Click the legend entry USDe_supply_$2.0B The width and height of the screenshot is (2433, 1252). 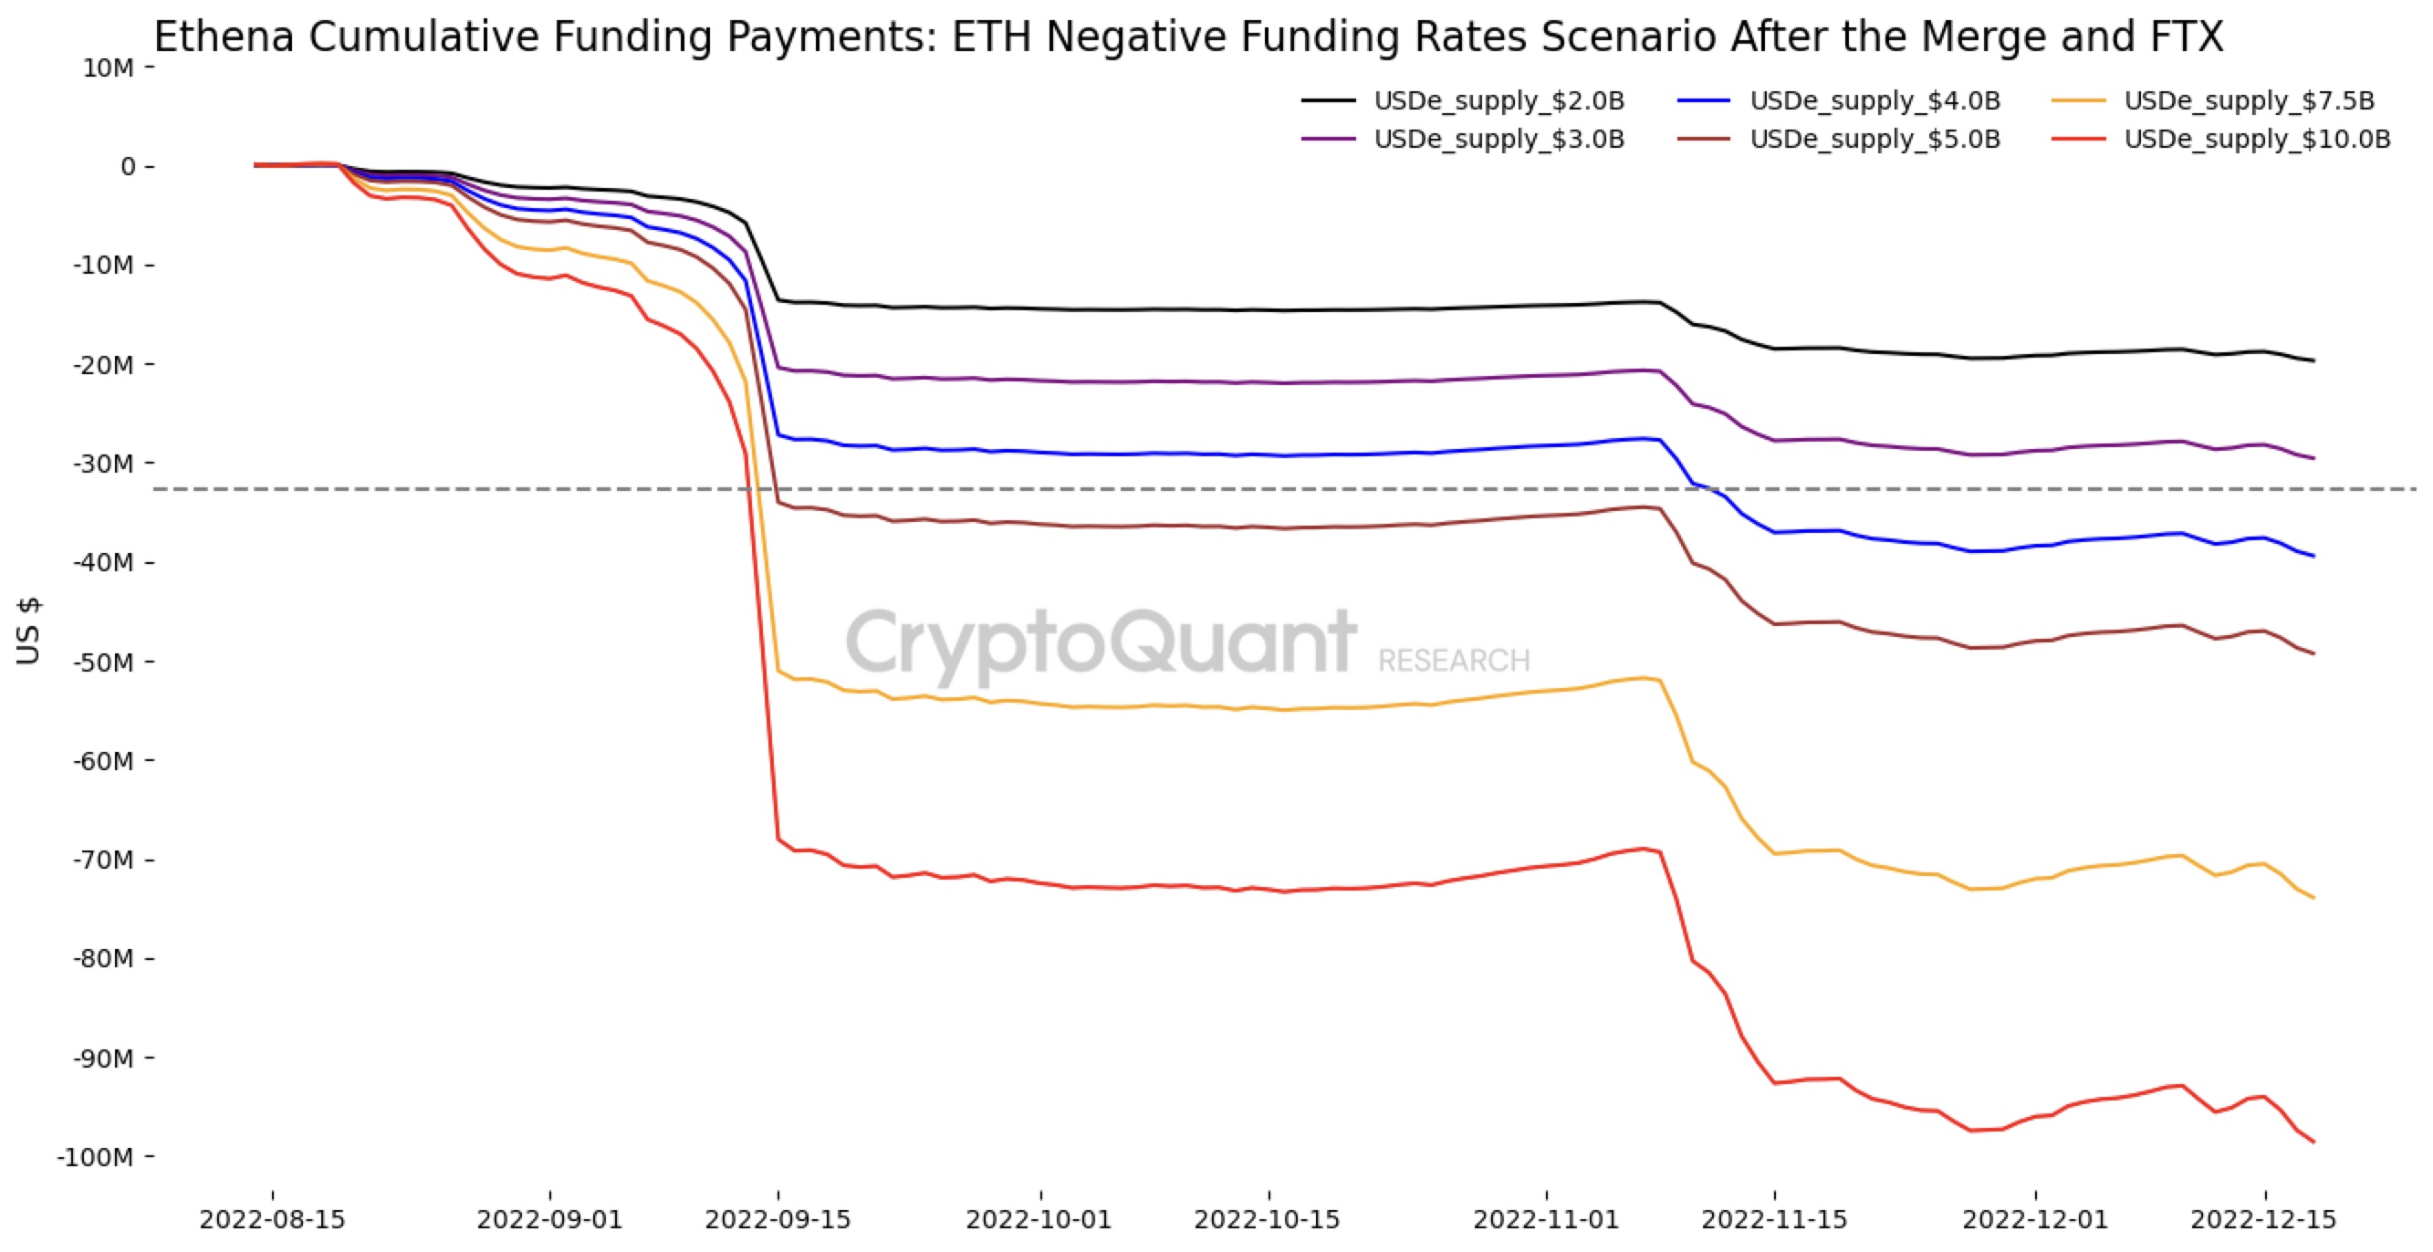pyautogui.click(x=1498, y=101)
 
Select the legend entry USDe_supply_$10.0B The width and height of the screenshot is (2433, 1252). pyautogui.click(x=2258, y=140)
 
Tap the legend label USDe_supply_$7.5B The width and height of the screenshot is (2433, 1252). pyautogui.click(x=2249, y=101)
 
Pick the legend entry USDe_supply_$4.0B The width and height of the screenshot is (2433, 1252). pyautogui.click(x=1874, y=101)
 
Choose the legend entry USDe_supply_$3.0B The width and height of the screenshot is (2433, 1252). pyautogui.click(x=1498, y=140)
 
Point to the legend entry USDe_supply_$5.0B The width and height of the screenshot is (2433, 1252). pyautogui.click(x=1874, y=140)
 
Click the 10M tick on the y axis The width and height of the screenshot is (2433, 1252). pyautogui.click(x=109, y=68)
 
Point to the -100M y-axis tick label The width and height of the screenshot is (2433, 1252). pyautogui.click(x=94, y=1158)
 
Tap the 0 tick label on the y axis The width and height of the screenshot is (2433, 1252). pyautogui.click(x=128, y=167)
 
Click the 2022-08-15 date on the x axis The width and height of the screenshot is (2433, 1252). pyautogui.click(x=272, y=1220)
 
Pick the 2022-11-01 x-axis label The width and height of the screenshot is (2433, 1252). pyautogui.click(x=1546, y=1220)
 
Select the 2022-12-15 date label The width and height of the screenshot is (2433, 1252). pyautogui.click(x=2263, y=1220)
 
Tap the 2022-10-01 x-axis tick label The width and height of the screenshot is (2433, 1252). pyautogui.click(x=1038, y=1220)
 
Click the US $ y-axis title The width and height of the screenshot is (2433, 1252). pyautogui.click(x=28, y=631)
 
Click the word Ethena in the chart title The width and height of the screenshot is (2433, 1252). pyautogui.click(x=225, y=37)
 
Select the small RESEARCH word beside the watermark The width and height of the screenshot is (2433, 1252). pyautogui.click(x=1454, y=661)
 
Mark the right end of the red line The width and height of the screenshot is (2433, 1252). pyautogui.click(x=2313, y=1142)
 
